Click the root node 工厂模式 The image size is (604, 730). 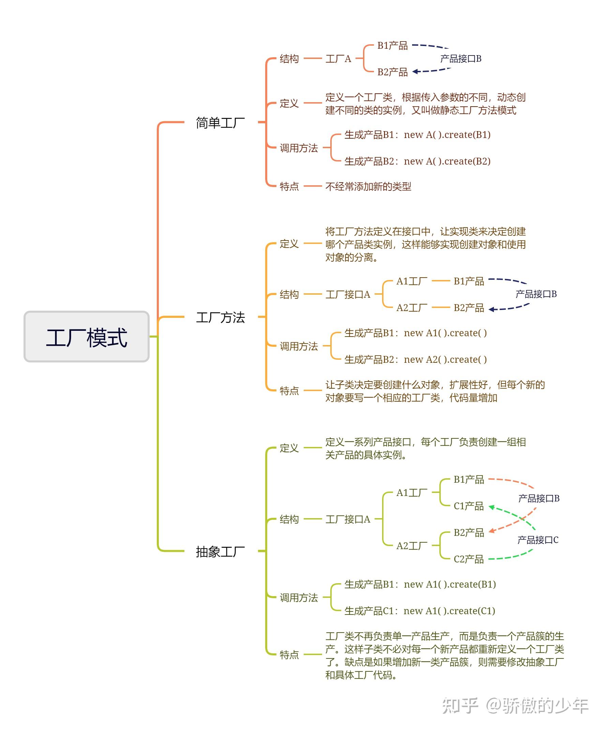point(87,337)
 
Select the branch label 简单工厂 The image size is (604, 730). point(220,123)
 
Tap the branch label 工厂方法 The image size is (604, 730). point(220,317)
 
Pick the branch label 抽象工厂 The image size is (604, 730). point(220,551)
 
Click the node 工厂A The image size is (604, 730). point(338,59)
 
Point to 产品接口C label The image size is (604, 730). point(538,540)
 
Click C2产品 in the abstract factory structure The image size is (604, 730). point(469,559)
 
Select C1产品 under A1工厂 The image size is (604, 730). point(469,506)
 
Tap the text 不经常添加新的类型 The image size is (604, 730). point(368,187)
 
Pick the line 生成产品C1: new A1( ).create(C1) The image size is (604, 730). point(420,611)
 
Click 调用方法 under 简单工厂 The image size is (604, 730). point(299,148)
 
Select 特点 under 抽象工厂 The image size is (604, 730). point(289,655)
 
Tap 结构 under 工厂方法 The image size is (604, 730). point(289,294)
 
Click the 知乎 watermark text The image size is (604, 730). point(460,706)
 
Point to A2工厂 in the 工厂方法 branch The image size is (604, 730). point(412,308)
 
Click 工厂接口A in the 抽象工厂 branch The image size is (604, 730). point(348,519)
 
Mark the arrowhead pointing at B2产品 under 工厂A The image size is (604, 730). point(415,72)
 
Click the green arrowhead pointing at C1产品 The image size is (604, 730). point(492,507)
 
